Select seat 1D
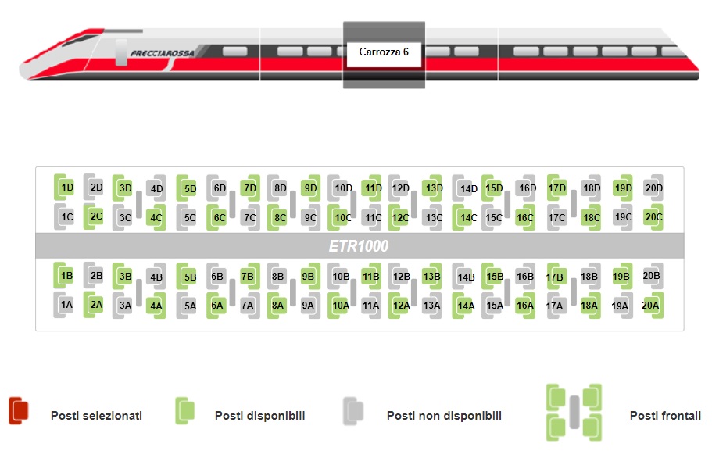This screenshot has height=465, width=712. (x=67, y=188)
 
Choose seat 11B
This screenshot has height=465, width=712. (x=371, y=275)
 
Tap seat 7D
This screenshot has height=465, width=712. (x=249, y=188)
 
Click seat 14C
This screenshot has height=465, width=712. (x=467, y=217)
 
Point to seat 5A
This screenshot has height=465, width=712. (x=189, y=306)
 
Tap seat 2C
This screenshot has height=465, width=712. (x=95, y=216)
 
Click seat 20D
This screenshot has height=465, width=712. (x=653, y=188)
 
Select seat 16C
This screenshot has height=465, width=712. (x=524, y=217)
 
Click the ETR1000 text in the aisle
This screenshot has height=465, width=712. (x=359, y=245)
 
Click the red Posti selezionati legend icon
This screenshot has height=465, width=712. (x=19, y=411)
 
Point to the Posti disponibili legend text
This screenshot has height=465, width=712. (x=259, y=416)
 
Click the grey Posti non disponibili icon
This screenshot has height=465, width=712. (x=353, y=411)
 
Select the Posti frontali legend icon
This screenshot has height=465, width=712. (x=574, y=412)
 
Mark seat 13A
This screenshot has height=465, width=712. (x=431, y=306)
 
